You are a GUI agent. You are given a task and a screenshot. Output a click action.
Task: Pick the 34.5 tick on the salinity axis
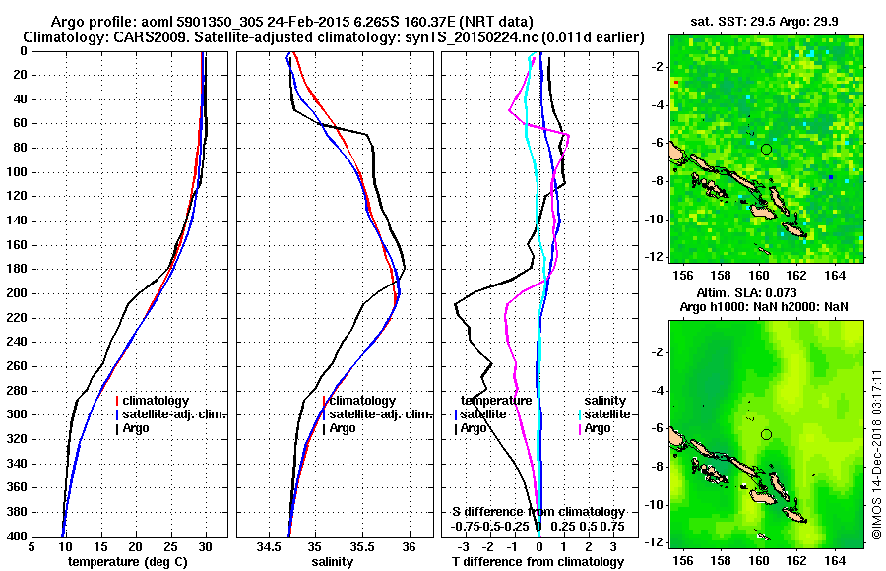pyautogui.click(x=269, y=546)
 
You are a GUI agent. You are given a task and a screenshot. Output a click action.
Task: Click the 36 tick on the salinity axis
pyautogui.click(x=410, y=546)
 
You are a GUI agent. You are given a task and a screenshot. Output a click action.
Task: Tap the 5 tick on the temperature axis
pyautogui.click(x=32, y=546)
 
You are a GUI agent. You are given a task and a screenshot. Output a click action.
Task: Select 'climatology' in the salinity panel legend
pyautogui.click(x=362, y=401)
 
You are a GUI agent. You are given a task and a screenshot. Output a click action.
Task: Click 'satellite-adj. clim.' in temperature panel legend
pyautogui.click(x=175, y=414)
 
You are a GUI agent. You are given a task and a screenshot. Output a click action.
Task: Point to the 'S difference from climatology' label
pyautogui.click(x=538, y=512)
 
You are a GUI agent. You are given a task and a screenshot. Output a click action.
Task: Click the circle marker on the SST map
pyautogui.click(x=766, y=149)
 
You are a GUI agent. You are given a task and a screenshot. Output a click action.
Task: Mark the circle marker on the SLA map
pyautogui.click(x=766, y=434)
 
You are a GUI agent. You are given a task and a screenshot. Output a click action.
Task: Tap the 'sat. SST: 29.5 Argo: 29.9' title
pyautogui.click(x=766, y=20)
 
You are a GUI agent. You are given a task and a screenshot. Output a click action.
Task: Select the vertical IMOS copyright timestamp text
pyautogui.click(x=876, y=454)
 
